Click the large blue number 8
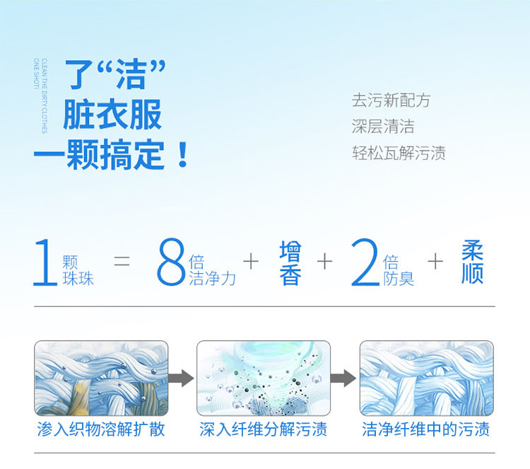tap(171, 262)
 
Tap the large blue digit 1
tap(46, 262)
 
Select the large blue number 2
tap(365, 262)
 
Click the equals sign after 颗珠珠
tap(122, 261)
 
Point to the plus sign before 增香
tap(251, 262)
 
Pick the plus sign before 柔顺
tap(435, 262)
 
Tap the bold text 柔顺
tap(473, 262)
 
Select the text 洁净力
tap(212, 279)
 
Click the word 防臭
tap(399, 279)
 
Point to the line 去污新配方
tap(391, 100)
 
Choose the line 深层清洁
tap(383, 127)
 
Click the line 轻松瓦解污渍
tap(399, 153)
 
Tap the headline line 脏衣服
tap(112, 115)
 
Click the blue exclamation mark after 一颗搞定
tap(183, 155)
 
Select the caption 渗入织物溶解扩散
tap(101, 429)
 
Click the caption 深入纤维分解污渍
tap(264, 429)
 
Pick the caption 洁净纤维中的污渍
tap(426, 429)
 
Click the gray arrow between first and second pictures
tap(181, 378)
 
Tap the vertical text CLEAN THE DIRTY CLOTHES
tap(45, 96)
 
